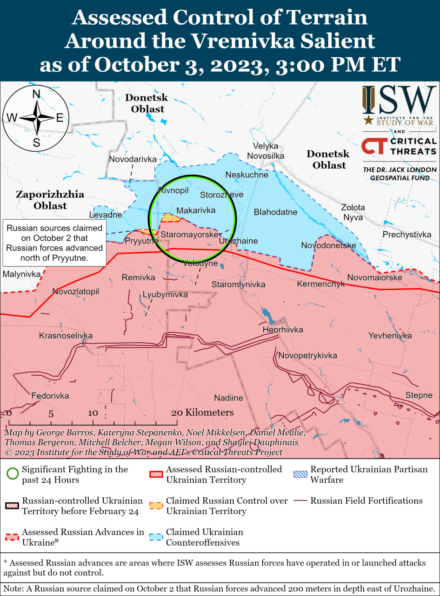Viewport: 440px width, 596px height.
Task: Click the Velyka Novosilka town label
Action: pos(266,151)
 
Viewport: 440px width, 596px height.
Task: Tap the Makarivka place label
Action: pos(196,210)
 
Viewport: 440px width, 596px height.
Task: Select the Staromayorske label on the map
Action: pos(189,235)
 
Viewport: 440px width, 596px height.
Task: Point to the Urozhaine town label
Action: pos(238,241)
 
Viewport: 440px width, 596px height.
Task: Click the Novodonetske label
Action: pos(328,245)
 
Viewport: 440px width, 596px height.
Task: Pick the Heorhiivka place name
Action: pos(283,330)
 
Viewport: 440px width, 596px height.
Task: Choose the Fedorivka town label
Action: pos(50,396)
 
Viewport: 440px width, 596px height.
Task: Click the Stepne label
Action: pos(419,395)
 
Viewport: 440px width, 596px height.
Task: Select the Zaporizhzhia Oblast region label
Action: pos(50,200)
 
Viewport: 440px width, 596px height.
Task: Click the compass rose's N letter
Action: pos(36,94)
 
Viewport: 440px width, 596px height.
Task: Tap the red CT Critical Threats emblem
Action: pos(373,146)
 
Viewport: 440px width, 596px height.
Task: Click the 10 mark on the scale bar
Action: pos(93,413)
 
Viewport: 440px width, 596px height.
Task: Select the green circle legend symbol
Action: pos(13,474)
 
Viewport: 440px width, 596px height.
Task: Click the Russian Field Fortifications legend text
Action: pos(367,501)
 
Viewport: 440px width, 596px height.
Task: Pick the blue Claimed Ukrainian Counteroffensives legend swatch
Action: pos(156,537)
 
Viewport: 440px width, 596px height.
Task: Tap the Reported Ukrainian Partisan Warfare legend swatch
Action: pos(300,474)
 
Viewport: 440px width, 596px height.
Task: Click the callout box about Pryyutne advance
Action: pos(54,243)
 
